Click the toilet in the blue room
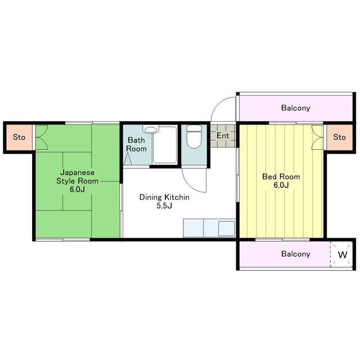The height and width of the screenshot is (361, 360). tap(194, 136)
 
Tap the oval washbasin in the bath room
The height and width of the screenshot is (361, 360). tap(151, 130)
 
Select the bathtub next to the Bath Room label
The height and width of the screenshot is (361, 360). tap(165, 145)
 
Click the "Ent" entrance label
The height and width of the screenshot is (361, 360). tap(223, 136)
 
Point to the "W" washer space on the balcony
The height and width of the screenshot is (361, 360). tap(343, 255)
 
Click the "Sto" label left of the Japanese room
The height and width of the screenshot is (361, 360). tap(19, 137)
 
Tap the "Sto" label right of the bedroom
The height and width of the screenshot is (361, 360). tap(339, 137)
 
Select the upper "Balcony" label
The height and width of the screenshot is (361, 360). tap(296, 108)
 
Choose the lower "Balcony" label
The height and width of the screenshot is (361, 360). tap(296, 253)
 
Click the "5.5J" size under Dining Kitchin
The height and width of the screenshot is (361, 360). tap(164, 206)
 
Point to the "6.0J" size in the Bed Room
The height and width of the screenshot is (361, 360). tap(281, 185)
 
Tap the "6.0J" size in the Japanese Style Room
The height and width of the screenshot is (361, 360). tap(77, 189)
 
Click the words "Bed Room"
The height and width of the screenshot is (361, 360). tap(281, 177)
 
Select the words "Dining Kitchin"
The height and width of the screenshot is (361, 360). tap(164, 197)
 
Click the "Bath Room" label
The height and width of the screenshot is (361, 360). tap(136, 144)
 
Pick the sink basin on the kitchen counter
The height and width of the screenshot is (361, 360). tap(227, 228)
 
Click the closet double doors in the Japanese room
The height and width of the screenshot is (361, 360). tap(42, 137)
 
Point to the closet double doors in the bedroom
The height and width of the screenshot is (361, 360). tap(317, 137)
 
